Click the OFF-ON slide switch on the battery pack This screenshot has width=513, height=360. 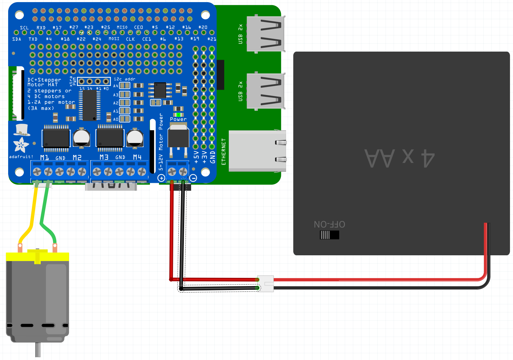click(330, 235)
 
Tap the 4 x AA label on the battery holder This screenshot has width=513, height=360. click(400, 158)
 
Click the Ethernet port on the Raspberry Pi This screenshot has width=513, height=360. click(257, 151)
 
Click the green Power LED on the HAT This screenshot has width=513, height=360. click(178, 115)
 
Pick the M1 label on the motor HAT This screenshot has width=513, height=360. click(44, 158)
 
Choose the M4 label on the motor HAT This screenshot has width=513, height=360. click(137, 157)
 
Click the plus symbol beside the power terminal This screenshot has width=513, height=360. click(161, 178)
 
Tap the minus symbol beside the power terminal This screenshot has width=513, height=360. click(193, 178)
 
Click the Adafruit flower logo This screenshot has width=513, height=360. click(21, 145)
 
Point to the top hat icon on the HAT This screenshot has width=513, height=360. click(22, 130)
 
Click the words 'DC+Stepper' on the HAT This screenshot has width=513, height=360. click(44, 80)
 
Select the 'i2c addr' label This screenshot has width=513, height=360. click(125, 79)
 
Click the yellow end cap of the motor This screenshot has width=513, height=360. click(37, 257)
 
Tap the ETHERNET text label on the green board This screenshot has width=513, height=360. click(224, 152)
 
